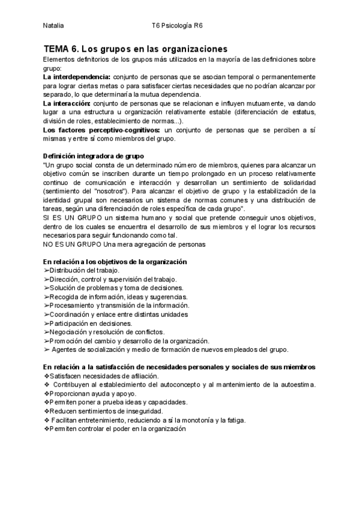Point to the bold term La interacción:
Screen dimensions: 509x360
coord(68,103)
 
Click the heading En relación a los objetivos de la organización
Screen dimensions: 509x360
coord(116,262)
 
